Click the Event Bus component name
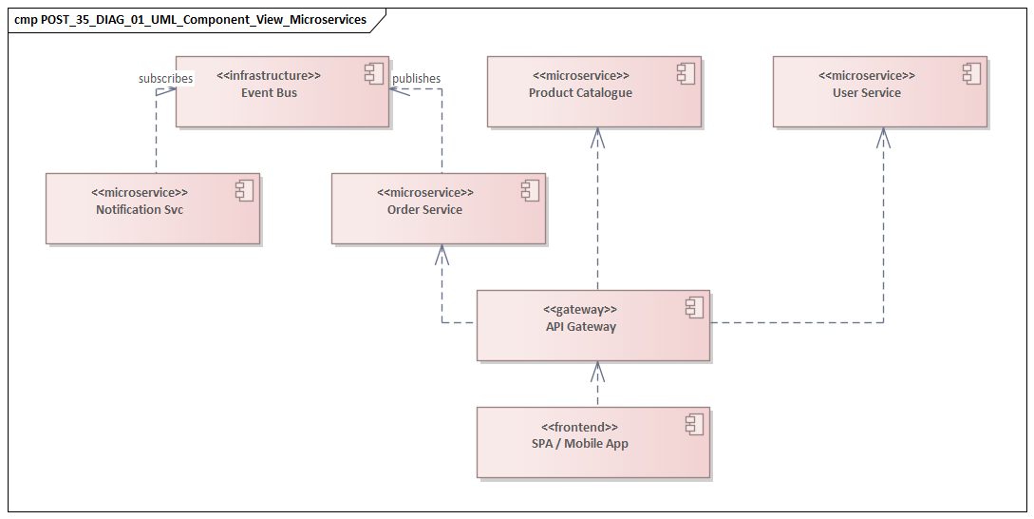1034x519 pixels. point(269,92)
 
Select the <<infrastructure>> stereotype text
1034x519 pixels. point(269,75)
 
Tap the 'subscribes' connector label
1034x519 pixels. point(165,78)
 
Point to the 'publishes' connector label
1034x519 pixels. point(416,78)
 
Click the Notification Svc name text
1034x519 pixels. point(140,209)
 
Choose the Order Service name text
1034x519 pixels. point(424,209)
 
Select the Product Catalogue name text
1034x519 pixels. point(580,92)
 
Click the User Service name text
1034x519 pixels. point(866,92)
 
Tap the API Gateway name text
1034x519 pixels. point(580,326)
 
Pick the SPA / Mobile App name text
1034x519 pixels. point(580,443)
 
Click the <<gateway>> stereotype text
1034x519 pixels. point(580,309)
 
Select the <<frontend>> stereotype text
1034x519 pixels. point(580,427)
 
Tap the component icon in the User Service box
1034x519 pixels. point(970,73)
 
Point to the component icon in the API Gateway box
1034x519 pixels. point(693,308)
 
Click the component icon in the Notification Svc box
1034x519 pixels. point(244,190)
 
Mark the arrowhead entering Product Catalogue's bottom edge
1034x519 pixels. point(597,136)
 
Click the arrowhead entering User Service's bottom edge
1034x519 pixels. point(883,136)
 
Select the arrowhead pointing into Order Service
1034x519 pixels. point(442,253)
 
